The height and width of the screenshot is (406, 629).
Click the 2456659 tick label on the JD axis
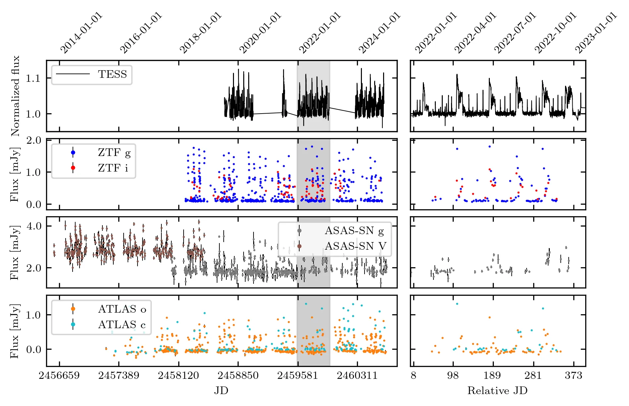pyautogui.click(x=59, y=376)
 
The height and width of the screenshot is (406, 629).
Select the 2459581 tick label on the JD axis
pyautogui.click(x=298, y=376)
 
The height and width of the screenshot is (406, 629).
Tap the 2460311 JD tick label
pyautogui.click(x=357, y=376)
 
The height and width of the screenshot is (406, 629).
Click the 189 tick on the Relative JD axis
pyautogui.click(x=492, y=376)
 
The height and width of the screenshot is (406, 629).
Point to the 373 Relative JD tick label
pyautogui.click(x=574, y=376)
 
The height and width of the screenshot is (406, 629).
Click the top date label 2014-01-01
pyautogui.click(x=82, y=33)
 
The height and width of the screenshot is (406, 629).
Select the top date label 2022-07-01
pyautogui.click(x=515, y=33)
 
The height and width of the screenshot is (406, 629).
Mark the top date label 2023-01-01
pyautogui.click(x=596, y=33)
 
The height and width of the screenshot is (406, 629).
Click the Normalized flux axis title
pyautogui.click(x=15, y=96)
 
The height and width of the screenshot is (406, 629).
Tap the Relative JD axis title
pyautogui.click(x=497, y=391)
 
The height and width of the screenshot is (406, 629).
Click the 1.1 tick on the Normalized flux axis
pyautogui.click(x=33, y=78)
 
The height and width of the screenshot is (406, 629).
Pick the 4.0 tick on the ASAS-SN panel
pyautogui.click(x=34, y=226)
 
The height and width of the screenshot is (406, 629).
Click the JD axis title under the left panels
pyautogui.click(x=221, y=391)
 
